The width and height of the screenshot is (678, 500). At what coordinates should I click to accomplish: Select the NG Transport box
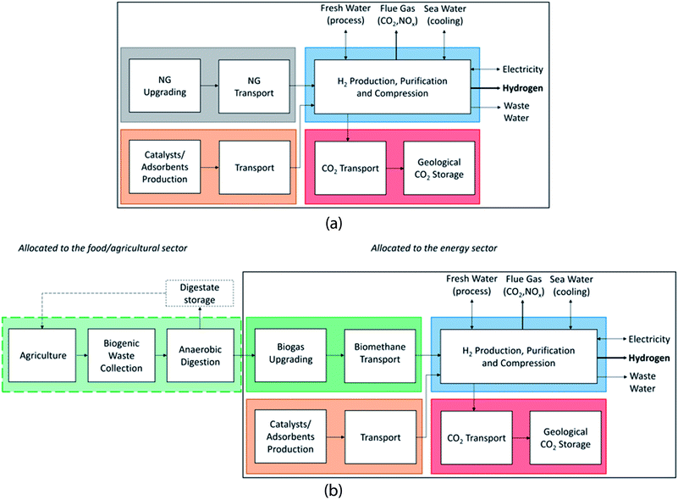point(252,86)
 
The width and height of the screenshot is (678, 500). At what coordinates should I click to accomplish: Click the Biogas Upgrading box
point(285,358)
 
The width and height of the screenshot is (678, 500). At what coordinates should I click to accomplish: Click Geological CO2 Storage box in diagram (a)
point(433,168)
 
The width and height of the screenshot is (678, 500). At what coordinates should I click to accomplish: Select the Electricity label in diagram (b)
point(648,339)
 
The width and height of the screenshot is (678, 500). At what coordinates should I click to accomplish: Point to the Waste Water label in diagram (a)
point(516,112)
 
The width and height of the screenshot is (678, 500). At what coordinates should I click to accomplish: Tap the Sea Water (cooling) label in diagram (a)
point(444,14)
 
